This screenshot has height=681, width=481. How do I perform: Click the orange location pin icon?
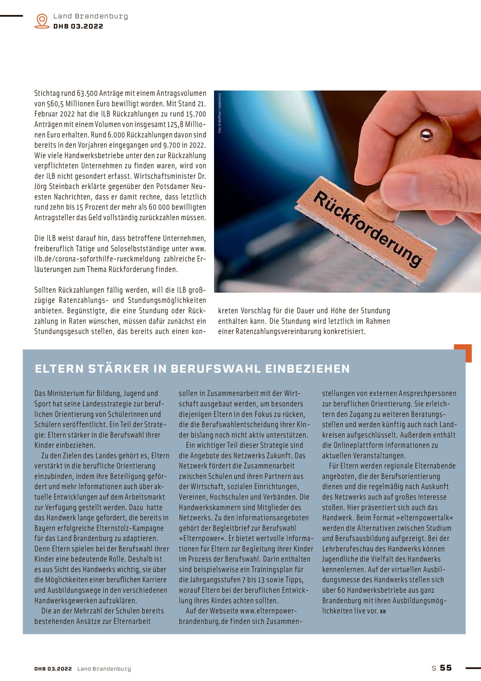(x=42, y=21)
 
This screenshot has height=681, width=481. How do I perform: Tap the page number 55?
(x=446, y=668)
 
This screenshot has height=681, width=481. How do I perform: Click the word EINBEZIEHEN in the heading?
(x=308, y=369)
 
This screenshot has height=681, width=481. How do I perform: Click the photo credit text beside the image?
(x=219, y=113)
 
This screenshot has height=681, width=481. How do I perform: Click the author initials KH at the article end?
(x=383, y=612)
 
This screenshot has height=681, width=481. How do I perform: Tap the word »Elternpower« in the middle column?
(x=201, y=538)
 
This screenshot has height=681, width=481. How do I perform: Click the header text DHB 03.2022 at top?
(x=78, y=26)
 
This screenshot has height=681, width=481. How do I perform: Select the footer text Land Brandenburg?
(x=104, y=669)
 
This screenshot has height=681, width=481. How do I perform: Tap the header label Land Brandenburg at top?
(x=91, y=16)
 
